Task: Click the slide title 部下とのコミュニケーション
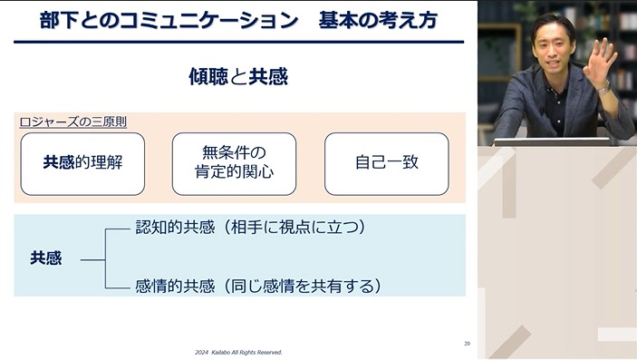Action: click(x=169, y=20)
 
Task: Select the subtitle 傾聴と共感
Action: click(x=238, y=76)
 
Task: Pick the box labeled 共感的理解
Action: click(x=82, y=164)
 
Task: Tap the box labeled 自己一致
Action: click(x=386, y=164)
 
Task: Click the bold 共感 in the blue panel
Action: click(x=45, y=258)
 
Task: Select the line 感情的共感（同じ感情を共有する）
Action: click(x=256, y=287)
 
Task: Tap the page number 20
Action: click(x=466, y=343)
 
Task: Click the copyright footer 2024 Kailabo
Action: click(x=238, y=352)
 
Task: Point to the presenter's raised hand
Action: click(x=599, y=58)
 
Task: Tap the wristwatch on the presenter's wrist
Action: click(x=603, y=87)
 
